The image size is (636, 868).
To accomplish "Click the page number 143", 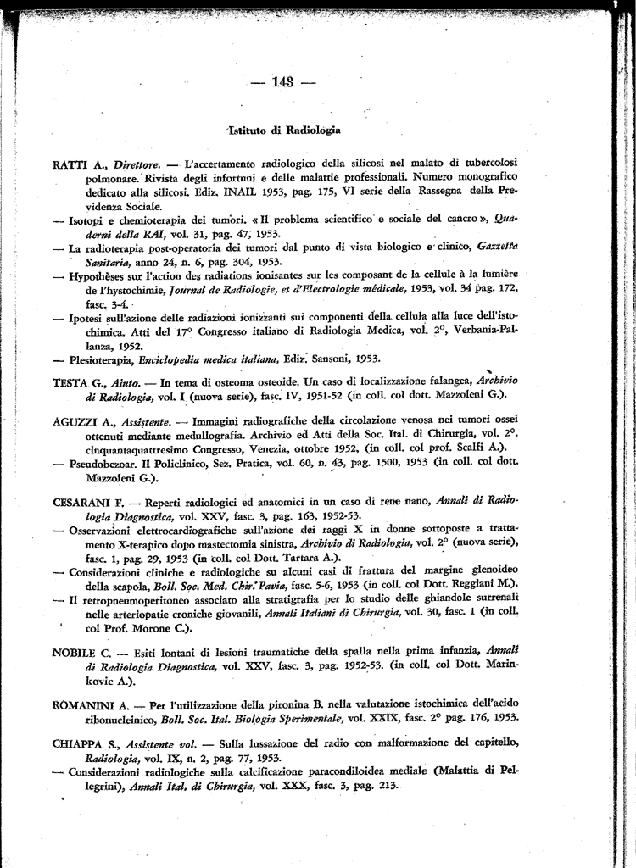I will coord(283,82).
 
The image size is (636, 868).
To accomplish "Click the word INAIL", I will coord(226,192).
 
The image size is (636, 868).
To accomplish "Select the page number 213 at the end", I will coord(388,786).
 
